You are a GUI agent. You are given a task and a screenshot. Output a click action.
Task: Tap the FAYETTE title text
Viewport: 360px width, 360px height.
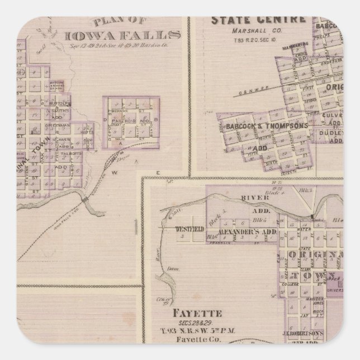point(182,314)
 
